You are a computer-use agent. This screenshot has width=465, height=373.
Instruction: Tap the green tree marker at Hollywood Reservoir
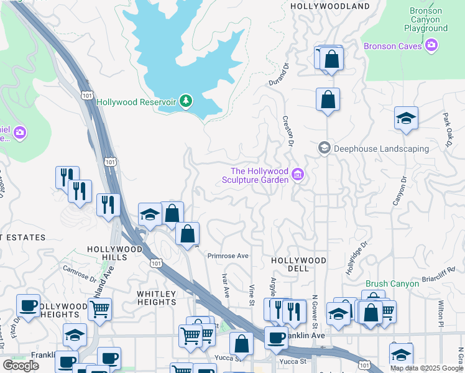(x=185, y=101)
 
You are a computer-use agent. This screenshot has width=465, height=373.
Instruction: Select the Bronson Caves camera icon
(x=432, y=45)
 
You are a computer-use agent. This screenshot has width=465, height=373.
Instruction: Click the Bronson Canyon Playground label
(x=426, y=19)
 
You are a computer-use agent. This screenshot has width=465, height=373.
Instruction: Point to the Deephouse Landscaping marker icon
(x=324, y=148)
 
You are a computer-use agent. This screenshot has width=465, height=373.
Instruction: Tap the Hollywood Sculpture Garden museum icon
(x=298, y=175)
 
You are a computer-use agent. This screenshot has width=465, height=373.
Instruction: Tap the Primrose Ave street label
(x=228, y=256)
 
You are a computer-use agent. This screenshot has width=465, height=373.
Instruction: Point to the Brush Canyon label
(x=392, y=283)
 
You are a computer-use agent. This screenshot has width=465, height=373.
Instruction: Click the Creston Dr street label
(x=287, y=131)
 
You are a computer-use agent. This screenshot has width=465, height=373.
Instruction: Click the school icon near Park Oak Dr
(x=406, y=118)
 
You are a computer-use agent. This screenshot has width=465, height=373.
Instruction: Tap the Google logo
(x=21, y=365)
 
